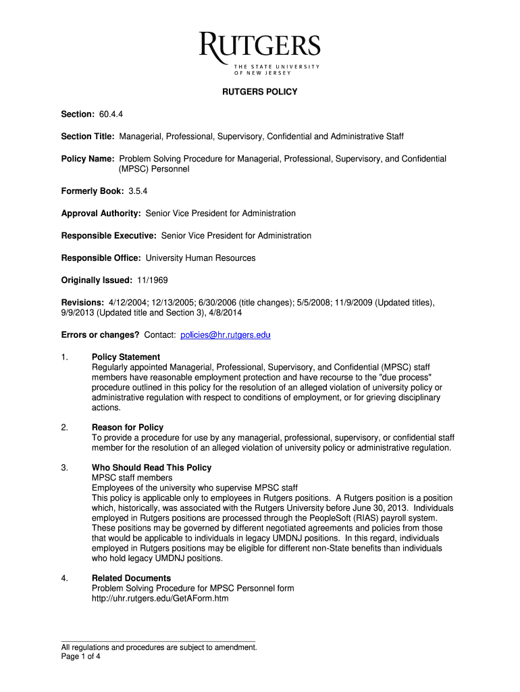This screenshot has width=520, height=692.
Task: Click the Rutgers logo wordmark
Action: [260, 47]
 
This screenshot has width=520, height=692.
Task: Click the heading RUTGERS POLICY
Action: [260, 92]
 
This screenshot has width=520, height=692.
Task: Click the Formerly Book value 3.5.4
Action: [128, 191]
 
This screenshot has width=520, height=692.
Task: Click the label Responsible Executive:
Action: [109, 236]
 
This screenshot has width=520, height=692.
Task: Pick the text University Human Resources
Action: [201, 258]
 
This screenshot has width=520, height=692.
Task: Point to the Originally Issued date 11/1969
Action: [152, 280]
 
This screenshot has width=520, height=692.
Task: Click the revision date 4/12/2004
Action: [126, 303]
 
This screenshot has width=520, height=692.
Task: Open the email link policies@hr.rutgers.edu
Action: [226, 335]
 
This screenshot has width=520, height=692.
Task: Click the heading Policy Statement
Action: [126, 357]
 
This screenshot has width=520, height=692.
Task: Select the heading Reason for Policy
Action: [128, 428]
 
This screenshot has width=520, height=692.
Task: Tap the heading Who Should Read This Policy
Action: [151, 468]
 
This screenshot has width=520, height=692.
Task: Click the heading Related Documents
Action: [131, 578]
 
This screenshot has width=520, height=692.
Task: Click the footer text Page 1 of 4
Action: [80, 656]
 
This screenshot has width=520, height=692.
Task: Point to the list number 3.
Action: [64, 468]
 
